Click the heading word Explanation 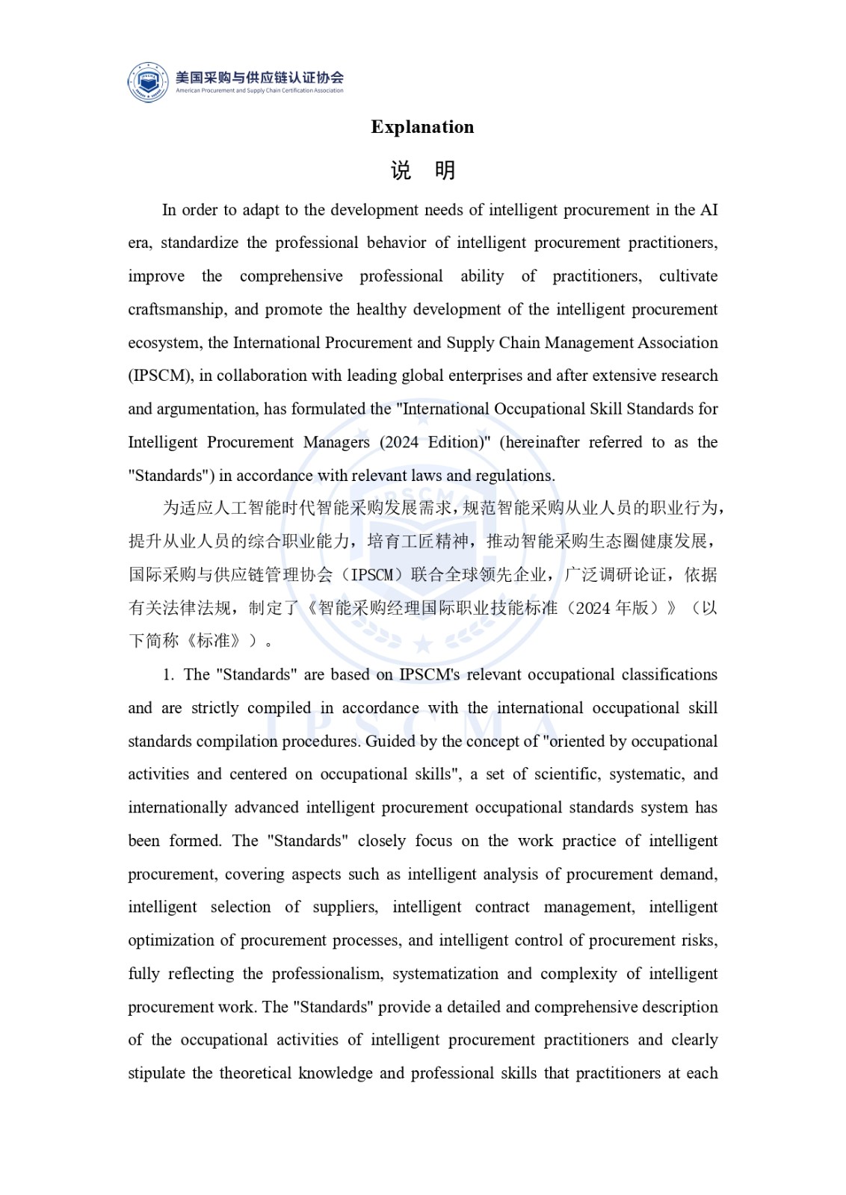422,127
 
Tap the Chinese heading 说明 423,171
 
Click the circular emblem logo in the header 148,82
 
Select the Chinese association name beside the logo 259,77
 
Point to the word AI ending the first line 708,210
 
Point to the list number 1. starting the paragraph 168,675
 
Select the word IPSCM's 430,675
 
